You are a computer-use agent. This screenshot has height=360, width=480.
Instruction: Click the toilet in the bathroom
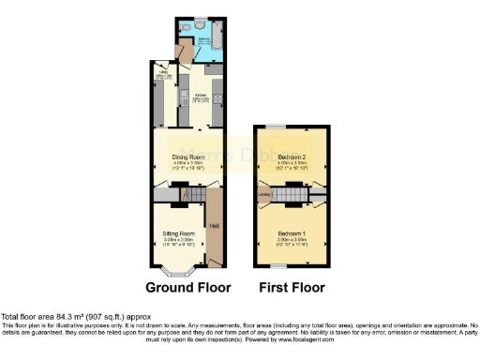pyautogui.click(x=188, y=27)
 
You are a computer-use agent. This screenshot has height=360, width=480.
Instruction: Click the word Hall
pyautogui.click(x=214, y=226)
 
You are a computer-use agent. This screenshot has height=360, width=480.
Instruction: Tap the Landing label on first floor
pyautogui.click(x=265, y=195)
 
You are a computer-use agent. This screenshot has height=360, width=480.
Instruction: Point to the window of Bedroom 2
pyautogui.click(x=277, y=126)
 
